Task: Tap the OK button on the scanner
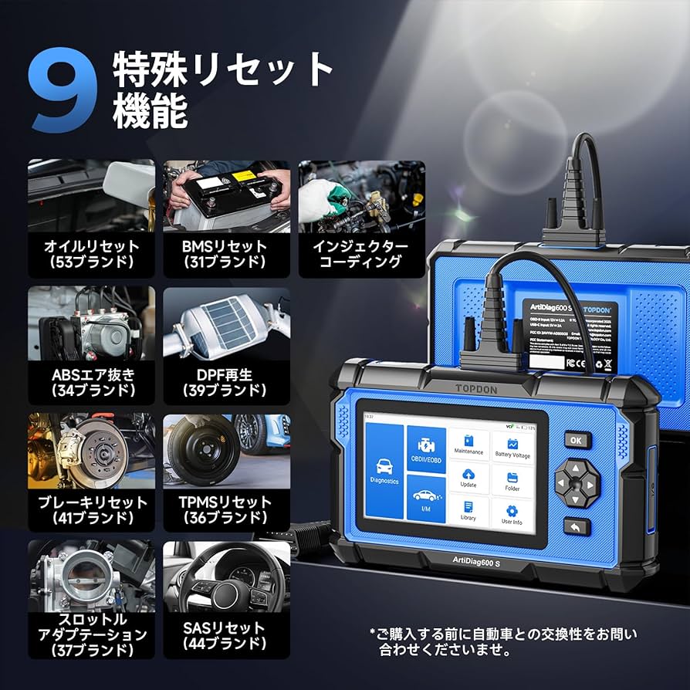coord(576,440)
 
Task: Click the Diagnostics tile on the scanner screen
coord(384,471)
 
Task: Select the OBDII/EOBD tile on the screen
coord(426,450)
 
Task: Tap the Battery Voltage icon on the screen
coord(512,447)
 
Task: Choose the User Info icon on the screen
coord(512,515)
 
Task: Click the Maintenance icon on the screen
coord(468,443)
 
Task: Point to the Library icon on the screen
coord(468,510)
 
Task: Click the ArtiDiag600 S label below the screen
coord(477,563)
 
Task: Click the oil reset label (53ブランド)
coord(91,253)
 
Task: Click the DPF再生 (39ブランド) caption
coord(225,382)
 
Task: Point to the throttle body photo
coord(91,575)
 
